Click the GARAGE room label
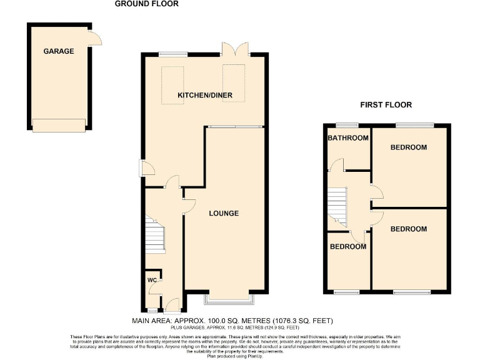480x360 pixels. (x=59, y=51)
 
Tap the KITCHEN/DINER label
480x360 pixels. (x=205, y=95)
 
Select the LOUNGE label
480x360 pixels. (x=223, y=213)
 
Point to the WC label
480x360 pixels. (x=151, y=279)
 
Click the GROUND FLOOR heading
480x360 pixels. (x=146, y=4)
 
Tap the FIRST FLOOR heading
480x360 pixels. (x=386, y=105)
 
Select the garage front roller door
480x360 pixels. (x=58, y=126)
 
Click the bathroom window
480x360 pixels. (x=343, y=124)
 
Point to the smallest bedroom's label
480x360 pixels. (x=348, y=246)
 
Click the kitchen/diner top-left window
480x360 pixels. (x=171, y=55)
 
